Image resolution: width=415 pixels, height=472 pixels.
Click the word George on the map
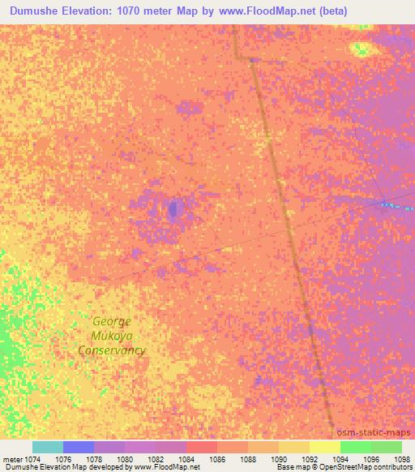pyautogui.click(x=111, y=321)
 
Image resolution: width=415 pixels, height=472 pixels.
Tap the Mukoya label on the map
pyautogui.click(x=111, y=336)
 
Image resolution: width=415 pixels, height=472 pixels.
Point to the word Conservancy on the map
pyautogui.click(x=112, y=350)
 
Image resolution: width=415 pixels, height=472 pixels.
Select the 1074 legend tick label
pyautogui.click(x=31, y=458)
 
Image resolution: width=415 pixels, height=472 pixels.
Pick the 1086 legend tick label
pyautogui.click(x=217, y=458)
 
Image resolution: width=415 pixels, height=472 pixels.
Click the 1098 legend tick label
pyautogui.click(x=402, y=458)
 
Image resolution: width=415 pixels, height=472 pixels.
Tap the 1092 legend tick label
pyautogui.click(x=310, y=458)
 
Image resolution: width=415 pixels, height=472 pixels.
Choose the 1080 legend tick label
pyautogui.click(x=125, y=458)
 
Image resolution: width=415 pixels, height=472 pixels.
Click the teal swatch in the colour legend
pyautogui.click(x=48, y=447)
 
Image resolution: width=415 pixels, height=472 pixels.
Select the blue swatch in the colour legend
pyautogui.click(x=79, y=447)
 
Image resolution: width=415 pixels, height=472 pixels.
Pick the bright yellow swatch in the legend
pyautogui.click(x=324, y=447)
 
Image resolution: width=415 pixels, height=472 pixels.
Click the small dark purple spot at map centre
pyautogui.click(x=173, y=209)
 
